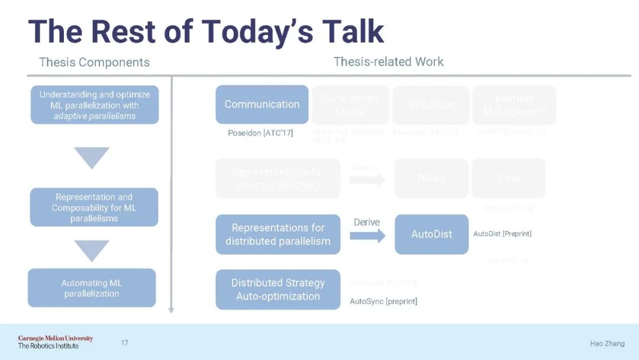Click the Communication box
pos(262,104)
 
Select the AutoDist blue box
pos(431,234)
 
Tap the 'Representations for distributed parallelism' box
pos(277,234)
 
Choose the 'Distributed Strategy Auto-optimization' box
pos(277,290)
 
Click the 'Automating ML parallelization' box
pos(92,288)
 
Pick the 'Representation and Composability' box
pos(94,207)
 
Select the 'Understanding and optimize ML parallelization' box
pos(95,105)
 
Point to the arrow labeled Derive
pos(367,235)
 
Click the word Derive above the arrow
pos(367,222)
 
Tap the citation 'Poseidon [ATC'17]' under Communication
pos(260,133)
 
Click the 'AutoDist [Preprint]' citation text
pos(502,234)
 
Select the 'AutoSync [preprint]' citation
pos(383,301)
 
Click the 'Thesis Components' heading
pos(94,62)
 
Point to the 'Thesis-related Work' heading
pos(388,62)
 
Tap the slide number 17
pos(124,343)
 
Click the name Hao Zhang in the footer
pos(607,343)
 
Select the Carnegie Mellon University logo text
pos(55,339)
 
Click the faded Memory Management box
pos(514,105)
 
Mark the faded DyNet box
pos(431,178)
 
